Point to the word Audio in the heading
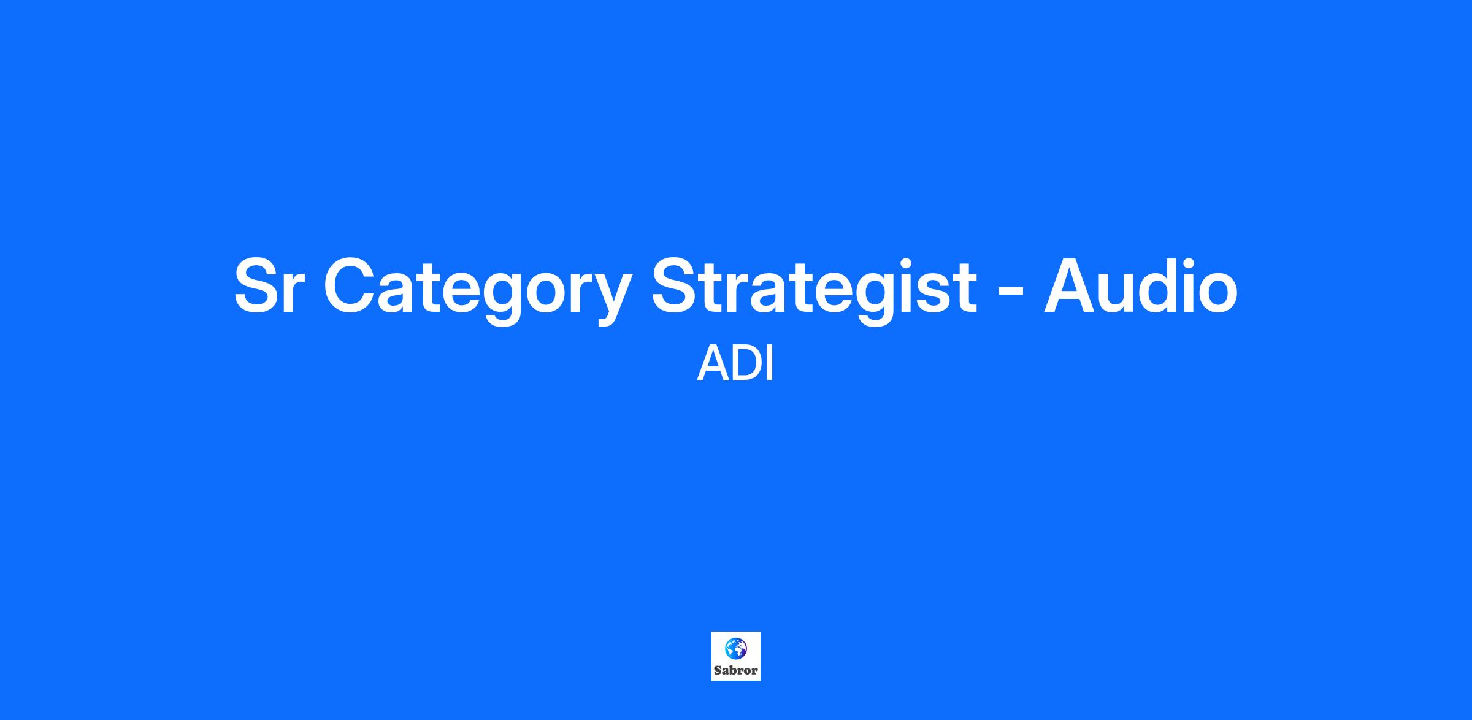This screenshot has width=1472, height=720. point(1141,285)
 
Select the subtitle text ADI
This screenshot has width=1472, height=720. point(735,364)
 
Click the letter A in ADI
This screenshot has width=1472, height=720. point(712,364)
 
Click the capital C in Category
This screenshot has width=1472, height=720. point(350,286)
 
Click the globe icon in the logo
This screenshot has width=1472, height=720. point(735,648)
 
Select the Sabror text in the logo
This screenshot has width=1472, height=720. point(735,670)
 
